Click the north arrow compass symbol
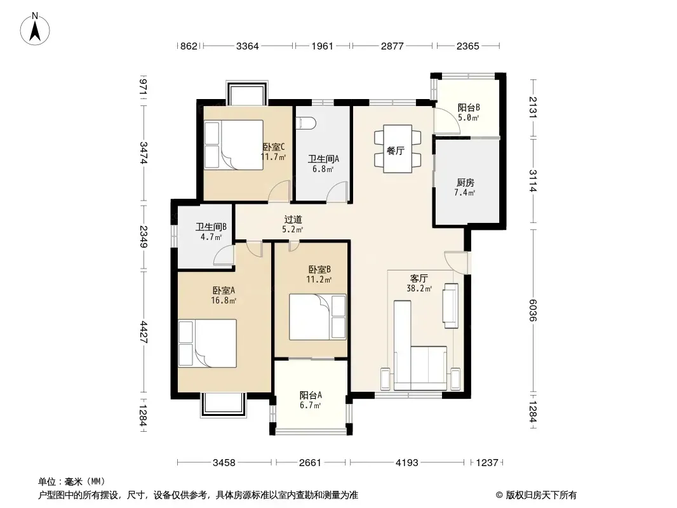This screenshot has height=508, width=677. point(35,29)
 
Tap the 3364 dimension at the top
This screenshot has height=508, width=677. point(248,46)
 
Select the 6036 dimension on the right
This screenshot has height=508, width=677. point(533,311)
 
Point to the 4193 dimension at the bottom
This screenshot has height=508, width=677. point(407,463)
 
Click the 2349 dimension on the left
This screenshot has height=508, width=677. point(144,237)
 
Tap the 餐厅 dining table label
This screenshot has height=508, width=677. point(396,150)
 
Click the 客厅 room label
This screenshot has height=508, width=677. point(419,278)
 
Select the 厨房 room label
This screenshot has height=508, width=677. point(465,183)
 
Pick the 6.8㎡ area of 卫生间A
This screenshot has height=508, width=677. point(323,169)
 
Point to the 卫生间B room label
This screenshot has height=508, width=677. point(211,227)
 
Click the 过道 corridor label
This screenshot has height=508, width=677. point(293,220)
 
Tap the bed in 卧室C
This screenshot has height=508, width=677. point(234,145)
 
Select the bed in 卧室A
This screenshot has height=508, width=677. point(207,343)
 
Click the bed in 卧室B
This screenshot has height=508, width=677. point(318,317)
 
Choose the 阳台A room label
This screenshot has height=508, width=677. point(311,395)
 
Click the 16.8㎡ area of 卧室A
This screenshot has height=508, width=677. point(224,300)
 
